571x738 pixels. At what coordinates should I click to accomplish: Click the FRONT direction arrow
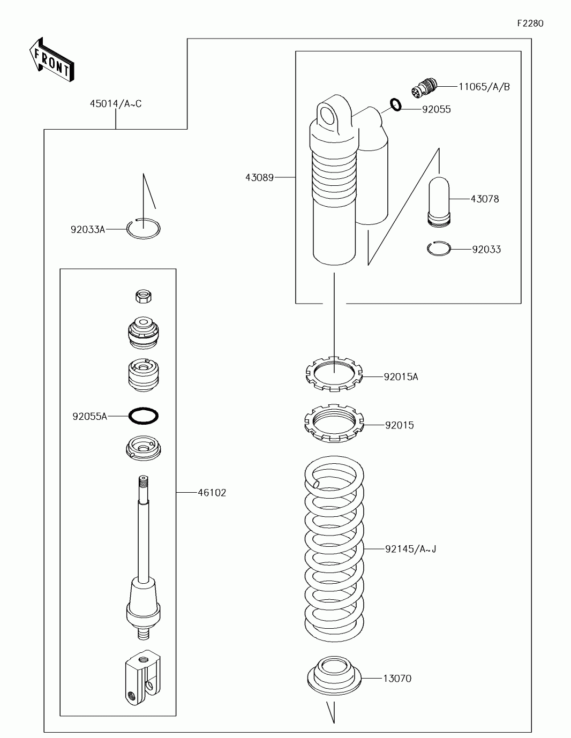coord(51,59)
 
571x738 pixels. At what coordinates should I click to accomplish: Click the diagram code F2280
coord(530,24)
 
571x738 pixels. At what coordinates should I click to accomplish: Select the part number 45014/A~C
coord(116,104)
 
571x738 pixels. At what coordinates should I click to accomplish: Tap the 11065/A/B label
coord(484,87)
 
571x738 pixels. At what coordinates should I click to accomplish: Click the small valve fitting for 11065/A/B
coord(425,87)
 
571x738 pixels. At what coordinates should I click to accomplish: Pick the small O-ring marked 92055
coord(395,105)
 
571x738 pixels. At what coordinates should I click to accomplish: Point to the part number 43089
coord(259,177)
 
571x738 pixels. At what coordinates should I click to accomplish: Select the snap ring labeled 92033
coord(439,248)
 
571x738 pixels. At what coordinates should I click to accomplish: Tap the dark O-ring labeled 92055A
coord(144,416)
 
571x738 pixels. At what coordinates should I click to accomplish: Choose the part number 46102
coord(212,493)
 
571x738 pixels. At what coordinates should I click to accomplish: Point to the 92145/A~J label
coord(411,549)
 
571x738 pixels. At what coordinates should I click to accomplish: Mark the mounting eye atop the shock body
coord(329,116)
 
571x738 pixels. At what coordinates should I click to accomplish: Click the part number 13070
coord(397,679)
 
